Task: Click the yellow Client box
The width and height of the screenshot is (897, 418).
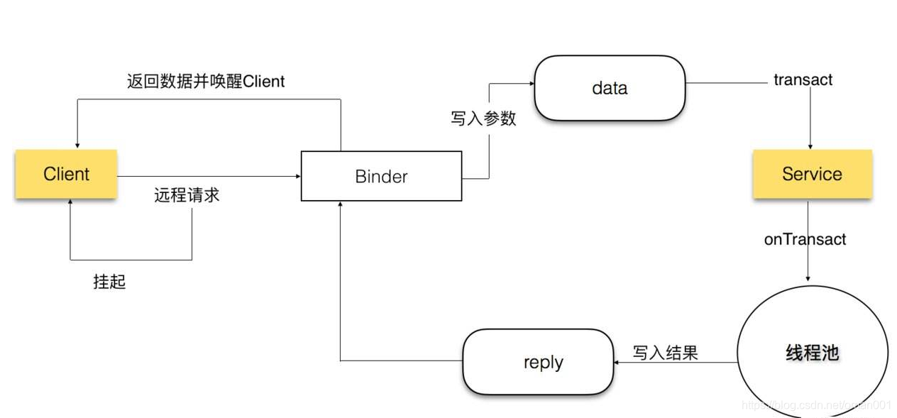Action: point(66,174)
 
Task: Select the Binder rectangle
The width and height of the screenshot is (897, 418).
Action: point(381,176)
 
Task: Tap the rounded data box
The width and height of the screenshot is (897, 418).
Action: point(610,88)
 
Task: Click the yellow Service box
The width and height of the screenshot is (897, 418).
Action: point(812,174)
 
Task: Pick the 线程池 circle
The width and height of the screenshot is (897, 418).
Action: point(813,353)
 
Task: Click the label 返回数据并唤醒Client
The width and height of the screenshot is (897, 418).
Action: point(206,82)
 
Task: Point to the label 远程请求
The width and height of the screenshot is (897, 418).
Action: point(187,195)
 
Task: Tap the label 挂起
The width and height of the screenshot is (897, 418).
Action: point(109,282)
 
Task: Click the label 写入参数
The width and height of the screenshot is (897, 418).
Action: point(483,119)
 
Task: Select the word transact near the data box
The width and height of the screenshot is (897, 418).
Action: point(803,79)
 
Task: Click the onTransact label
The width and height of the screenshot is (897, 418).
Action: point(805,239)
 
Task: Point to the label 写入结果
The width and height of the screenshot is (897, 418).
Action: point(665,352)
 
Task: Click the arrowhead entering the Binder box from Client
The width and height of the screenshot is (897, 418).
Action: point(297,176)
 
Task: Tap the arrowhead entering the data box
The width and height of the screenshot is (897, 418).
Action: point(530,83)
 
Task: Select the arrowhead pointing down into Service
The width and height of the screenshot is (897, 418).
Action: point(808,145)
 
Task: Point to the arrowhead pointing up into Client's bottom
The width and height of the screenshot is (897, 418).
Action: point(70,203)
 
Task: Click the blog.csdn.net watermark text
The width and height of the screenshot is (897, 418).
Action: point(816,405)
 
